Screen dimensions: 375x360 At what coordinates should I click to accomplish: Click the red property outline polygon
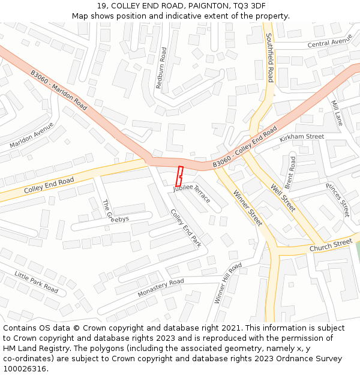click(x=179, y=176)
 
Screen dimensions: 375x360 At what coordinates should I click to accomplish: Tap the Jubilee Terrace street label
click(x=192, y=193)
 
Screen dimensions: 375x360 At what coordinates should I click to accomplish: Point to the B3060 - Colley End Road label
click(x=245, y=147)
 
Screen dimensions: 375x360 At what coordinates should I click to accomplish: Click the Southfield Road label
click(x=270, y=58)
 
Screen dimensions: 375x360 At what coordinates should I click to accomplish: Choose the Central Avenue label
click(x=329, y=43)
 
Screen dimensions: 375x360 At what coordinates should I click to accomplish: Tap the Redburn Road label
click(x=161, y=68)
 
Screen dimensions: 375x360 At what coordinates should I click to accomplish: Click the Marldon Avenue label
click(x=31, y=136)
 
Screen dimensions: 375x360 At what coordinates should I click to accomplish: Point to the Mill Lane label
click(x=337, y=113)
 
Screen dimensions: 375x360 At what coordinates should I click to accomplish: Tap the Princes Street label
click(x=338, y=200)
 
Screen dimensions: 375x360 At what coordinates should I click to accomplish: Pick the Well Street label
click(x=283, y=197)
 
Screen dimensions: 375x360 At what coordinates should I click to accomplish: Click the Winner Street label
click(x=248, y=208)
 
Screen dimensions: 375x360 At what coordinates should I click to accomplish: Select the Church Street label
click(x=331, y=245)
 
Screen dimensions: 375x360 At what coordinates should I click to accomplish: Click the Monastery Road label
click(x=160, y=288)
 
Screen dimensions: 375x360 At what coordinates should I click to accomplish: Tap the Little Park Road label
click(x=36, y=282)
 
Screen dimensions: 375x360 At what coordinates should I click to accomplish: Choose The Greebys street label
click(x=115, y=211)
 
